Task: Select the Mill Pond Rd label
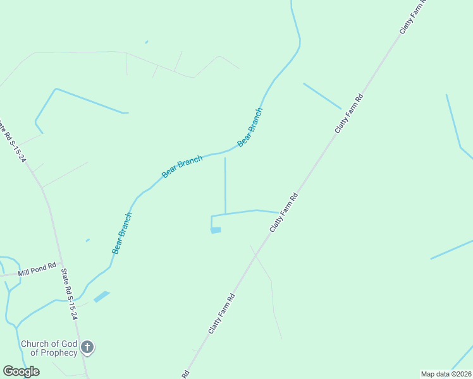coord(37,269)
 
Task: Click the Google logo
coord(21,371)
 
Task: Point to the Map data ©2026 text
coord(446,374)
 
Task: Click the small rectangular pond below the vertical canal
coord(216,231)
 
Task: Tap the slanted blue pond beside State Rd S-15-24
coord(101,296)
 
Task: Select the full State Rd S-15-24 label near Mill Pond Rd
coord(69,294)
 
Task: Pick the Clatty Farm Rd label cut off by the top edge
coord(414,16)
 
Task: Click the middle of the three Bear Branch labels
coord(182,167)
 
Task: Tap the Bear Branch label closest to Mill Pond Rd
coord(122,233)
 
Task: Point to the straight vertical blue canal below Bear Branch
coord(225,186)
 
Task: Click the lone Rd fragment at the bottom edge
coord(186,374)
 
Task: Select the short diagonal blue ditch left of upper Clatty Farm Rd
coord(322,96)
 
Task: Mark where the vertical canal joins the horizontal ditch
coord(226,214)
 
